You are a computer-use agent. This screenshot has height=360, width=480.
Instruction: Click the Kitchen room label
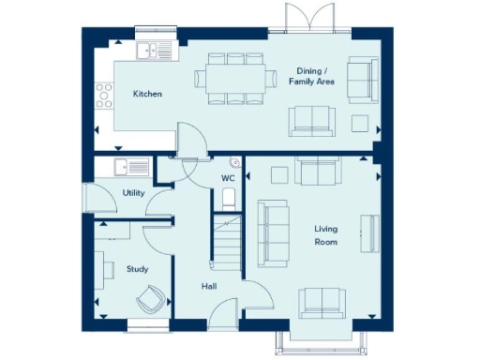[147, 94]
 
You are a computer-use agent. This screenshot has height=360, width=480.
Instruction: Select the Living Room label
[325, 235]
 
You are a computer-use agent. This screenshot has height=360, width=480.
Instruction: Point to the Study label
[137, 269]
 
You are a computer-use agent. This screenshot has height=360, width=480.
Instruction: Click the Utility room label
[133, 193]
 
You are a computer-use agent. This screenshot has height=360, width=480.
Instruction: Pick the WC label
[228, 178]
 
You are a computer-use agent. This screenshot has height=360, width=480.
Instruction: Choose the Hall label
[209, 287]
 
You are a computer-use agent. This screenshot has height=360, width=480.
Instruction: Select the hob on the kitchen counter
[104, 94]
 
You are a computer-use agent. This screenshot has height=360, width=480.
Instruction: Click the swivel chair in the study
[151, 300]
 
